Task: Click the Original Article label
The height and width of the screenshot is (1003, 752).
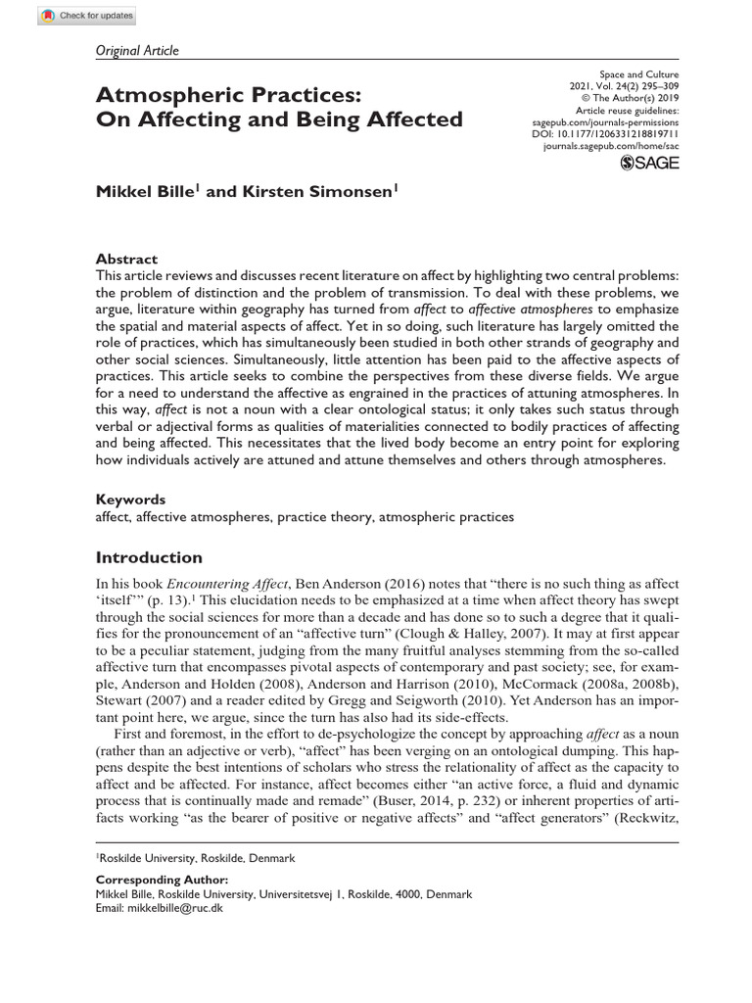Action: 137,51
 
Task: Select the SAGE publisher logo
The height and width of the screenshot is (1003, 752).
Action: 649,164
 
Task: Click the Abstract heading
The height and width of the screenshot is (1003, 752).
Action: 126,260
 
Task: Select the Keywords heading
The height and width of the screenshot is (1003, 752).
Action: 130,499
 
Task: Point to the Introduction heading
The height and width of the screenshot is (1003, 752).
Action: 149,557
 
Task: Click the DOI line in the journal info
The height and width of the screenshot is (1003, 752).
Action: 612,133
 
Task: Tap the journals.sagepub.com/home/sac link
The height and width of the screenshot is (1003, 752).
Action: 610,145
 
